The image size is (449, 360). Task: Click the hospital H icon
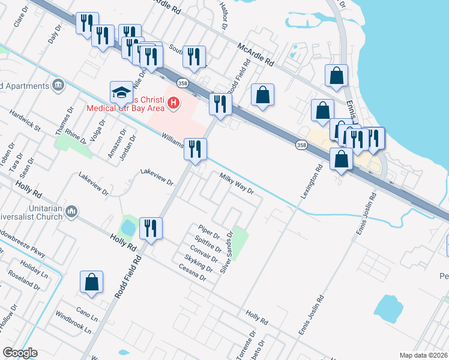[x=173, y=103]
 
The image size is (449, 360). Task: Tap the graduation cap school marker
[x=121, y=92]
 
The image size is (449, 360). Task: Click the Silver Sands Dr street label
[x=226, y=252]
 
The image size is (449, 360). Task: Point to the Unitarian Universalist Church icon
[x=71, y=211]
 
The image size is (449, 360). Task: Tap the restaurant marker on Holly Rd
[x=150, y=229]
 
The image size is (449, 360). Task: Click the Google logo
[x=20, y=353]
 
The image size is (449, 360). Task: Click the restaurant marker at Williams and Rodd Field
[x=194, y=150]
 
